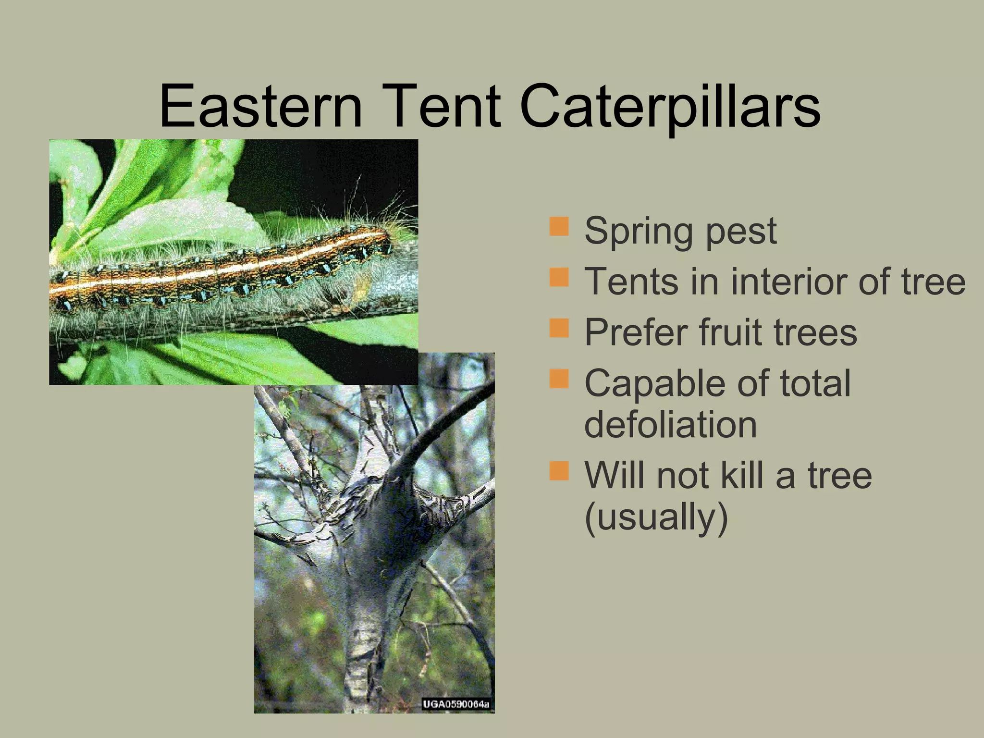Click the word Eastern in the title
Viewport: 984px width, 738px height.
(260, 107)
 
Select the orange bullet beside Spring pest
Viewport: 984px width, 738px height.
(559, 226)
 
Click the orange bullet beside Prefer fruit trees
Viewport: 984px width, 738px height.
(559, 328)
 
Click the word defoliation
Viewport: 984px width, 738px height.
(671, 425)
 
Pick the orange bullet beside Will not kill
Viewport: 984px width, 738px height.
(559, 471)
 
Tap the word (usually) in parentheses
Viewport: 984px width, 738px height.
(656, 517)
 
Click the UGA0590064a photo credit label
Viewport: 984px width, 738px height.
(455, 704)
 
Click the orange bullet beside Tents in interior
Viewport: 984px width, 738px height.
(559, 277)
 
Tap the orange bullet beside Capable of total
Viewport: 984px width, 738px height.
(559, 379)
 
